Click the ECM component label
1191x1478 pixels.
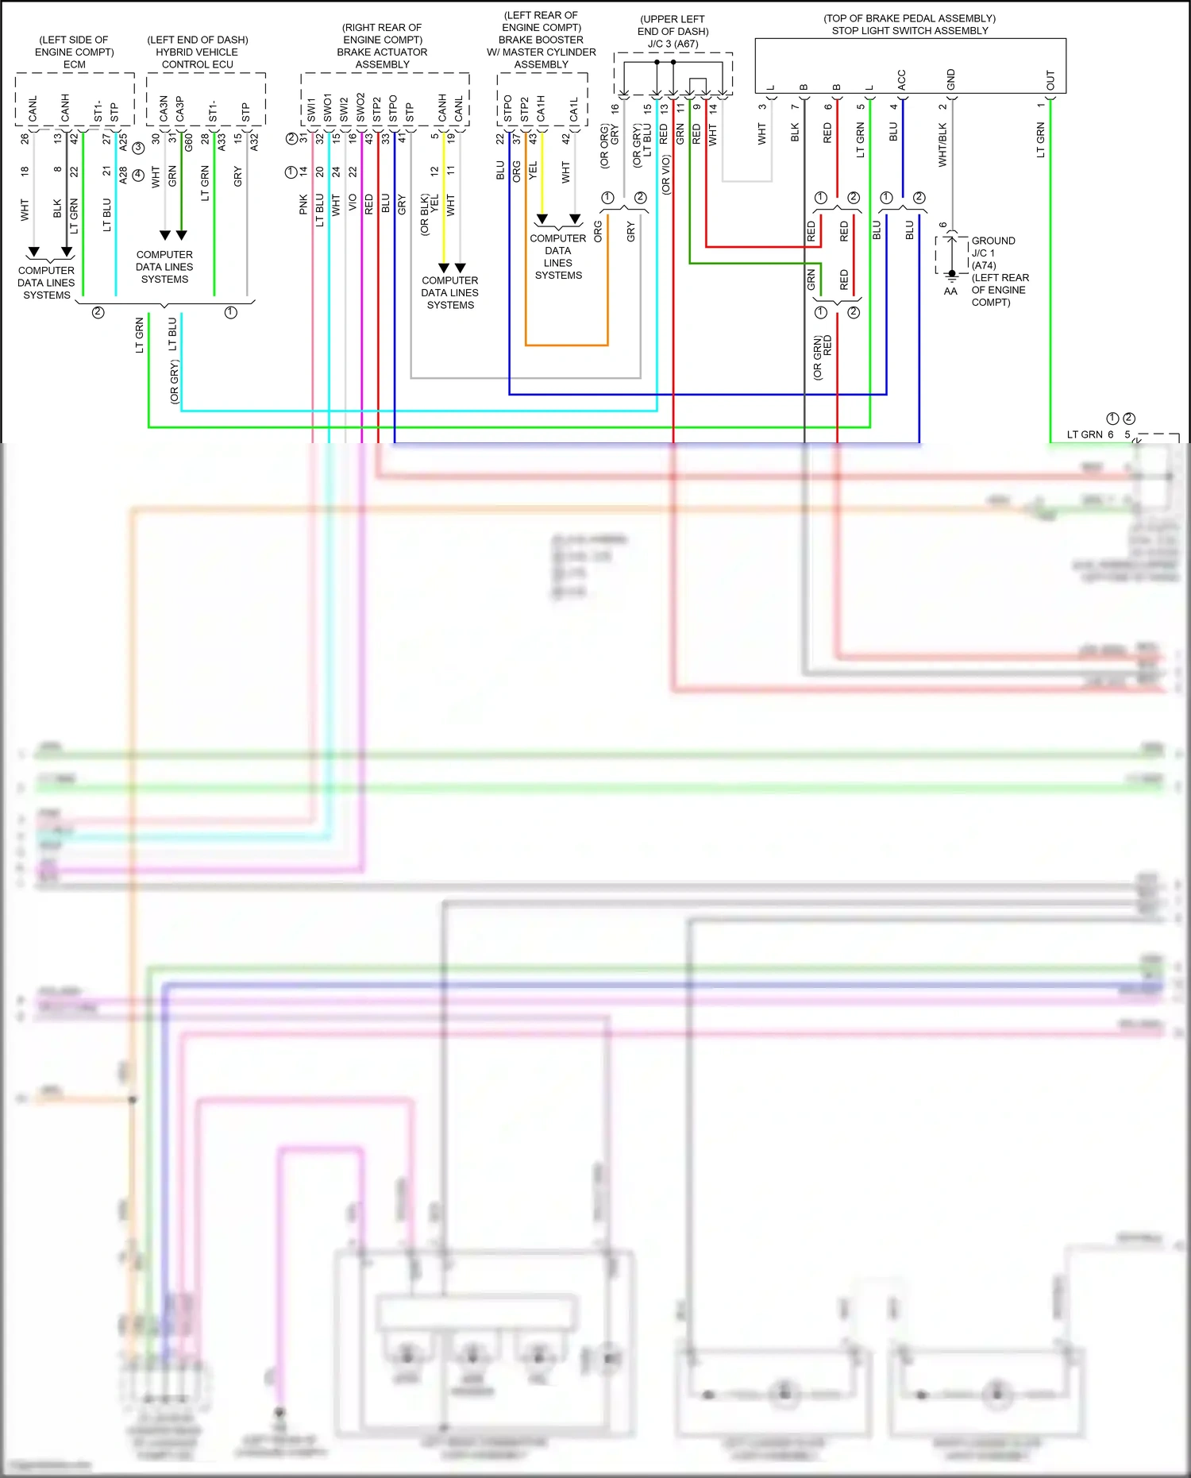point(74,64)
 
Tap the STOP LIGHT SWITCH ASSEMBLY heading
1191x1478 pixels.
point(910,30)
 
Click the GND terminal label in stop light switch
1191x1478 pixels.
point(950,79)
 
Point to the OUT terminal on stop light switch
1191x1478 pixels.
point(1050,80)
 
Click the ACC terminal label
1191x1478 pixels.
point(901,79)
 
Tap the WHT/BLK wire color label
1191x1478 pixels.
point(942,145)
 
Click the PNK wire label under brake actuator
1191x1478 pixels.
point(303,205)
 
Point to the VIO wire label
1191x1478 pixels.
point(353,203)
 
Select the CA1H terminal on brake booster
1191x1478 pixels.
point(541,109)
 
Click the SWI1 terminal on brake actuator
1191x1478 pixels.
point(311,110)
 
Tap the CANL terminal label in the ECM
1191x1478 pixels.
point(33,109)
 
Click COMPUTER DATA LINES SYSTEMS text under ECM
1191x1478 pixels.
point(46,283)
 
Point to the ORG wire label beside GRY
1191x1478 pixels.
point(598,231)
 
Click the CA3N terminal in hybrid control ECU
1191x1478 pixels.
point(164,109)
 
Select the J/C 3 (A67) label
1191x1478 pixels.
point(673,44)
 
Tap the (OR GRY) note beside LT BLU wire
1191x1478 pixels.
point(175,382)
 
